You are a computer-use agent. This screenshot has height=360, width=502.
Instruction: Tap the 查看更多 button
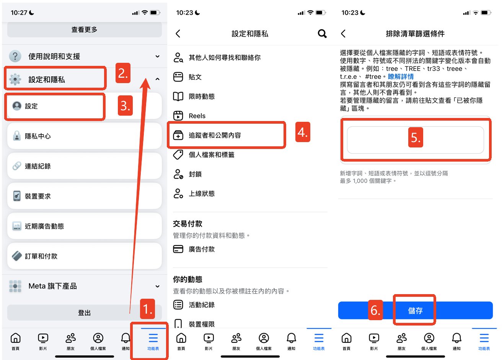coord(84,29)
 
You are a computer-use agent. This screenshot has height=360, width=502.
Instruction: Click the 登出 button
coord(84,313)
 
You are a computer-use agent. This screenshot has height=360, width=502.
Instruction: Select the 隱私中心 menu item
coord(84,136)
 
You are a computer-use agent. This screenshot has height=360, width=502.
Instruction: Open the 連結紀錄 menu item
coord(84,166)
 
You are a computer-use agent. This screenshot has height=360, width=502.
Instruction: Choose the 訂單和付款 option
coord(84,256)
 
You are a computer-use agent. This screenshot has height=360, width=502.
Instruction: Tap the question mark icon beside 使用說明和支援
coord(15,56)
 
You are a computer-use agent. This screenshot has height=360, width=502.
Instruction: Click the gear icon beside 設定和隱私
coord(15,79)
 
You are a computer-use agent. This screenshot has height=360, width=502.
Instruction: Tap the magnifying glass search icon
coord(322,34)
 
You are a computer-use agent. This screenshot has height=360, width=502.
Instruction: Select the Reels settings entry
coord(197,116)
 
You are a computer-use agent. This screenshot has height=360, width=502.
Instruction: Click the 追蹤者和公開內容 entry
coord(215,135)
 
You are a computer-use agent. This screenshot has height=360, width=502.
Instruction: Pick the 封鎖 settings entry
coord(195,174)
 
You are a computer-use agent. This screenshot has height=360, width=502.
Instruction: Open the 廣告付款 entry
coord(202,249)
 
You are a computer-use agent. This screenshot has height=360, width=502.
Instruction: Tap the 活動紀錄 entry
coord(202,305)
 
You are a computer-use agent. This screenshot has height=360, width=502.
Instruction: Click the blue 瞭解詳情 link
coord(401,77)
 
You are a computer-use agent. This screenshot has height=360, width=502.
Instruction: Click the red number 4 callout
coord(303,133)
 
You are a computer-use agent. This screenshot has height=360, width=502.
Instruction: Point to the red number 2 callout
coord(123,73)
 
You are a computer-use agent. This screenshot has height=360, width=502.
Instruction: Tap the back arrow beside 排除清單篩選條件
coord(343,34)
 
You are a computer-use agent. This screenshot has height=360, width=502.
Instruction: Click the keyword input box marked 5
coord(415,140)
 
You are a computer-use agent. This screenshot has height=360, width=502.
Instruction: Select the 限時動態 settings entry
coord(202,97)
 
